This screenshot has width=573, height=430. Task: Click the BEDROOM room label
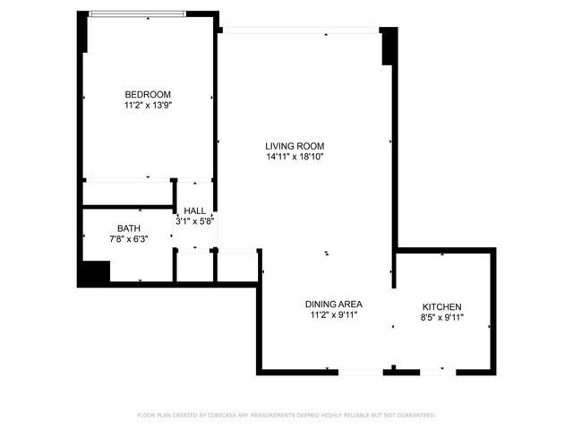[148, 94]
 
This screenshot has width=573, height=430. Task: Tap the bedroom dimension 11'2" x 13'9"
[148, 106]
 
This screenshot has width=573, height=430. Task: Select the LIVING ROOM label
[295, 146]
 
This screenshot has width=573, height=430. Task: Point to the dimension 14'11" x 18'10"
[295, 157]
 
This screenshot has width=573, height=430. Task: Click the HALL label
[194, 211]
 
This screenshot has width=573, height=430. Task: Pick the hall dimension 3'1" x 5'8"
[194, 220]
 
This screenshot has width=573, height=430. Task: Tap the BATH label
[128, 228]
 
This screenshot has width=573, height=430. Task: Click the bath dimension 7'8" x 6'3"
[128, 239]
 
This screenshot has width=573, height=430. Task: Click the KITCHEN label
[441, 307]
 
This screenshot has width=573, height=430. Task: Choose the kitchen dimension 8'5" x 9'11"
[441, 317]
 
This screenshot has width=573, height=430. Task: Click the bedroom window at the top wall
[137, 13]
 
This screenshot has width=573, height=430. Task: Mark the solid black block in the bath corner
[93, 272]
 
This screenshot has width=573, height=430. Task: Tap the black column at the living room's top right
[389, 46]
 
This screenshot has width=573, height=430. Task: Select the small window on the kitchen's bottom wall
[437, 371]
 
